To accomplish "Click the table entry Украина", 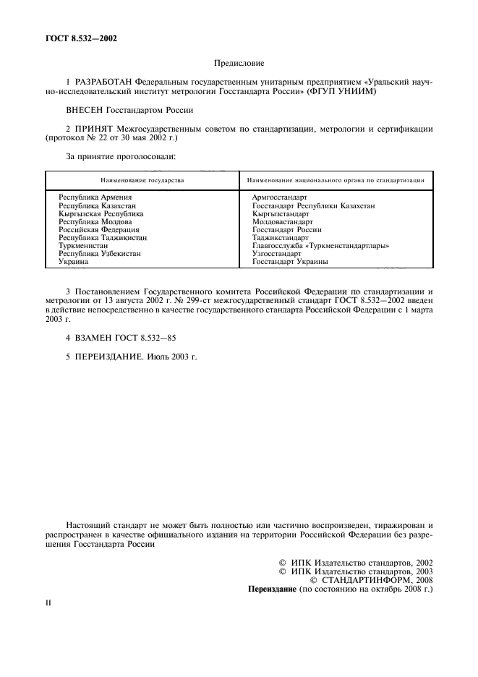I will (x=73, y=262).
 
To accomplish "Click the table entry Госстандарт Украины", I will (x=290, y=262).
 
